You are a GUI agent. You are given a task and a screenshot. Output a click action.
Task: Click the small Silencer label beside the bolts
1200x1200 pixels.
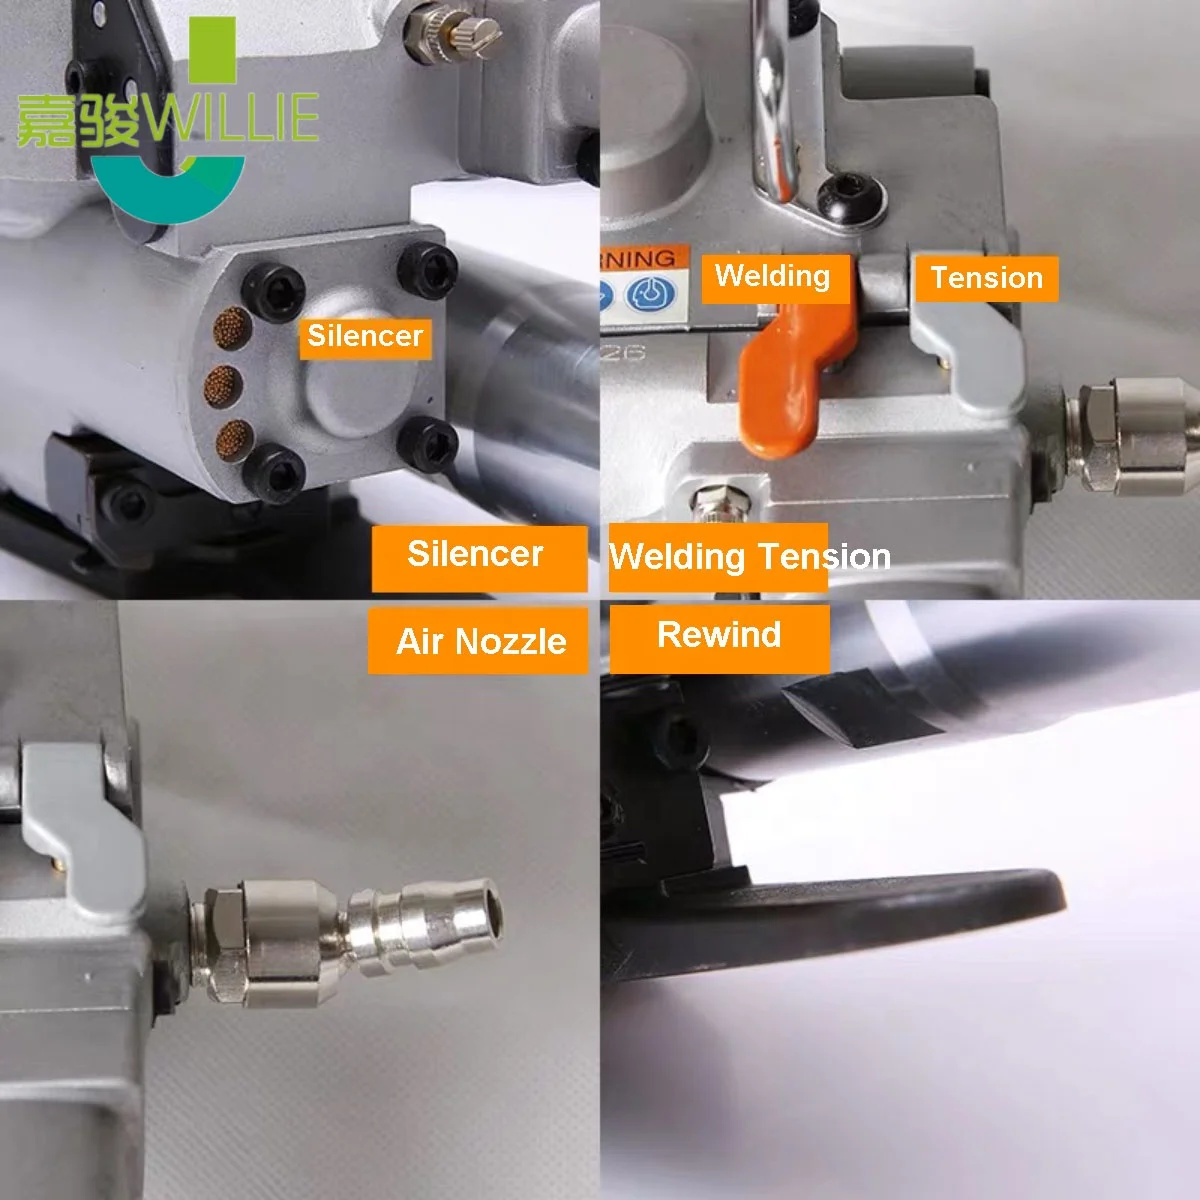[365, 336]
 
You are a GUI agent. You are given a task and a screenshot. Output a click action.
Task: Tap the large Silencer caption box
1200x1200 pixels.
[478, 555]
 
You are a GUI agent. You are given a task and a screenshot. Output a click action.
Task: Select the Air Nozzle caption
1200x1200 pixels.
[479, 641]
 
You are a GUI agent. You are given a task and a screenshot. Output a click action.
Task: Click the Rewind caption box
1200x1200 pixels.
[719, 635]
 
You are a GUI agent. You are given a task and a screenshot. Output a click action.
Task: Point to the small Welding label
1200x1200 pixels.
[773, 277]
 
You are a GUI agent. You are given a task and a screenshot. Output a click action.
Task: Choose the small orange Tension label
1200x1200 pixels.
[986, 278]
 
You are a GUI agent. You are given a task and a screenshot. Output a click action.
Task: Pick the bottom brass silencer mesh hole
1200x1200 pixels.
[235, 437]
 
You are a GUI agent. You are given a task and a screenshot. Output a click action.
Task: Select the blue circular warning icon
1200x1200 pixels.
[650, 295]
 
